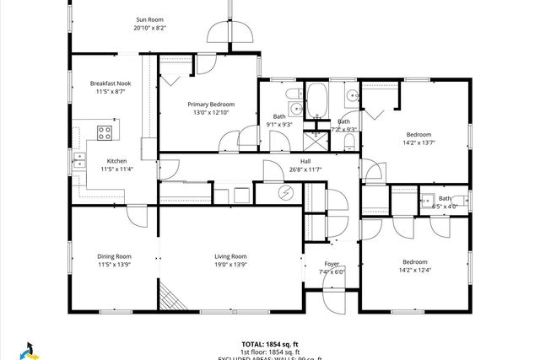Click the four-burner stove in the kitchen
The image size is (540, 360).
tap(106, 132)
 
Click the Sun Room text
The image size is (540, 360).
tap(150, 19)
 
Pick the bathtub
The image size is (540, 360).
tap(319, 99)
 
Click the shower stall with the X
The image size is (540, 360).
tap(318, 134)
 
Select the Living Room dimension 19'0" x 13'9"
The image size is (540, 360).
tap(229, 266)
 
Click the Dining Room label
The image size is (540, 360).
tap(112, 256)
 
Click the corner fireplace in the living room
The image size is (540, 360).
tap(171, 297)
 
